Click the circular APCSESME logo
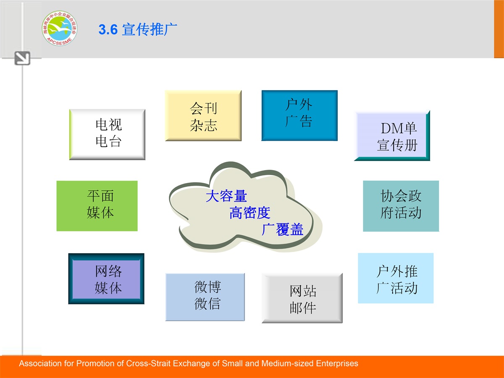tap(60, 28)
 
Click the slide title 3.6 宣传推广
tap(138, 29)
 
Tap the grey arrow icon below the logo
tap(22, 58)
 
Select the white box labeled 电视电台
tap(107, 134)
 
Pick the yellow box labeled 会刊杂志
tap(203, 115)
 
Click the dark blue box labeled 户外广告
tap(299, 115)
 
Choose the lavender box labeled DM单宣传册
tap(392, 136)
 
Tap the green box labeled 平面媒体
tap(97, 206)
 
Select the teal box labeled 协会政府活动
tap(401, 206)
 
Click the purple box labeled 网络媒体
tap(106, 278)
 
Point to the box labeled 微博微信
tap(205, 297)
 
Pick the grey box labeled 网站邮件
tap(302, 298)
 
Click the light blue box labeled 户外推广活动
tap(396, 278)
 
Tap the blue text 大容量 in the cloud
tap(226, 196)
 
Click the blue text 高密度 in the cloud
tap(250, 213)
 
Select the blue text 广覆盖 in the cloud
tap(282, 229)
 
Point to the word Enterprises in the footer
tap(337, 364)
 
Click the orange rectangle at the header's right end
tap(499, 29)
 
